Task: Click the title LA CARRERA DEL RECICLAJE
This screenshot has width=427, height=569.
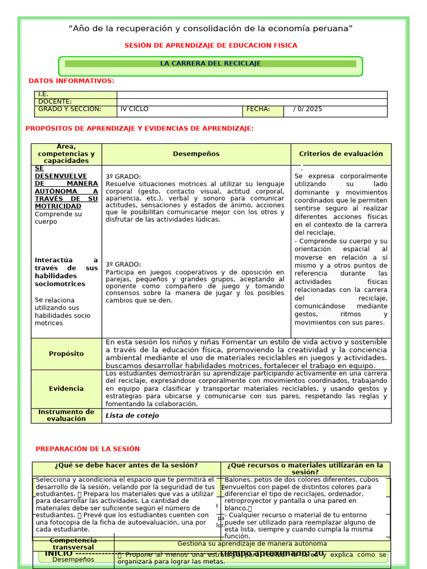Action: pos(210,64)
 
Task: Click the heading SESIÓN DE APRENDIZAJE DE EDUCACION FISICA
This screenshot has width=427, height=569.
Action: pos(210,46)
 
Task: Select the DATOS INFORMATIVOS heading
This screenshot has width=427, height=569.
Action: pos(71,81)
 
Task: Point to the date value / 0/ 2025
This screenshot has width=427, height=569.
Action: pos(307,109)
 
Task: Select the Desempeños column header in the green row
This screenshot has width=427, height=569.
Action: pos(196,154)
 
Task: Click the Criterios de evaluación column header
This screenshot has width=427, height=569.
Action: pos(341,154)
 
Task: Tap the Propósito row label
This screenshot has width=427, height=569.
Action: pos(66,354)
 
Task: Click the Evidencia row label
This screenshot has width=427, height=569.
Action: pos(66,389)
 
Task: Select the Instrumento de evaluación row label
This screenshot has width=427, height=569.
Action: pos(66,416)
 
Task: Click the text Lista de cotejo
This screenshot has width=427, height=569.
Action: pos(132,416)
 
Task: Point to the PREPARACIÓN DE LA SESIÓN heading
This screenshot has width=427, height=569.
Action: pos(88,449)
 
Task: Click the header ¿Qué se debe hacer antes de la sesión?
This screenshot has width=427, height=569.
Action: pos(126,466)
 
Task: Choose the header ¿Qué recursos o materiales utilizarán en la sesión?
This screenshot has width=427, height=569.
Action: pos(305,469)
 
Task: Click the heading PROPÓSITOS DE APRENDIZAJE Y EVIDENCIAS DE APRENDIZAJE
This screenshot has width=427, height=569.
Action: pos(140,129)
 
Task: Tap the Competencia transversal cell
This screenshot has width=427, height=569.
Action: pos(72,544)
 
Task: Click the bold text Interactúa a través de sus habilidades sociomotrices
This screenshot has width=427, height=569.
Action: pos(66,272)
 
